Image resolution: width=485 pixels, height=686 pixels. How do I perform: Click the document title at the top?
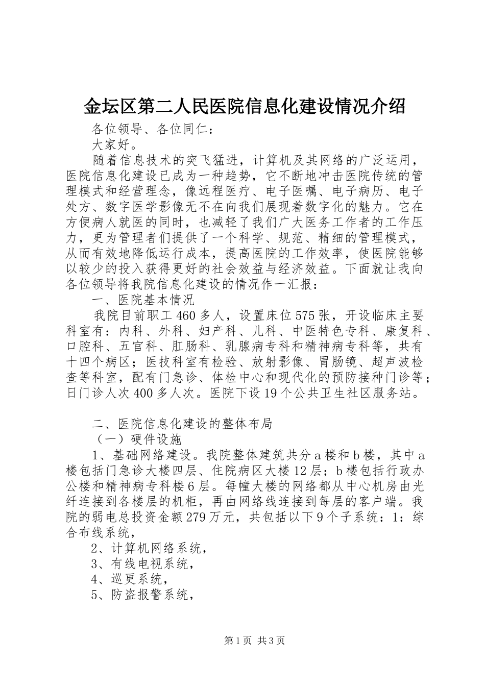click(x=244, y=106)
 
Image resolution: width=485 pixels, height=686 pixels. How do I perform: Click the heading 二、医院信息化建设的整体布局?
click(x=181, y=424)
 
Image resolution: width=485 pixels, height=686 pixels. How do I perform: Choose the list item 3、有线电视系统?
click(x=142, y=564)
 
